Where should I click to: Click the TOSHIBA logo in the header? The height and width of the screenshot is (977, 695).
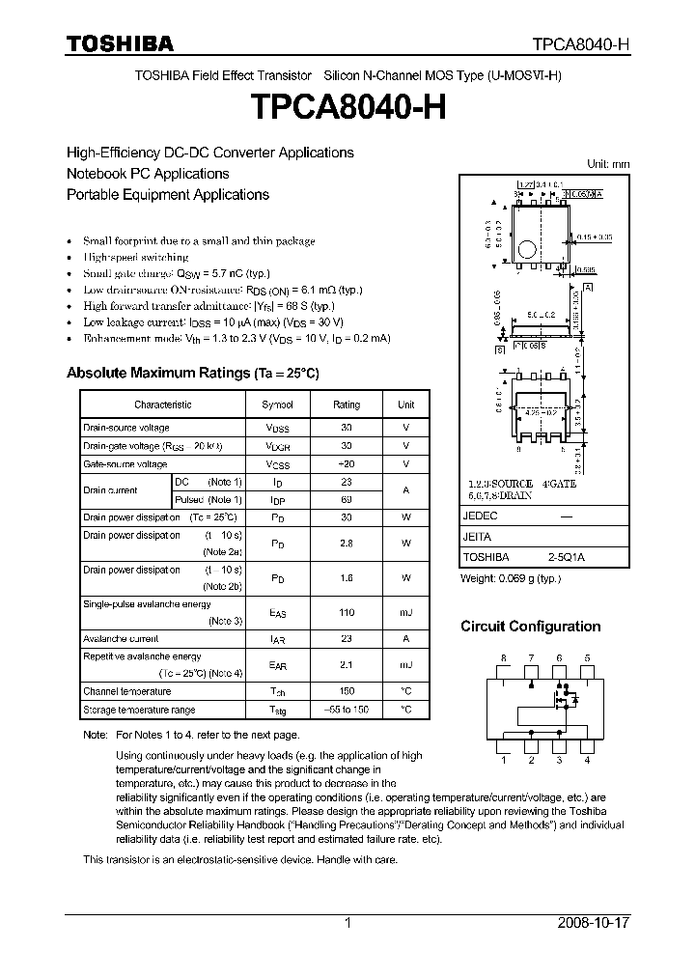pos(120,43)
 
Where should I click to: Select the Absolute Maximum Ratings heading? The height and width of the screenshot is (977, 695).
pos(192,373)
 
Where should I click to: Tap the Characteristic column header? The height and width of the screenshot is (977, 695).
pos(162,405)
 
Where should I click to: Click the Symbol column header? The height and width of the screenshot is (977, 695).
pos(277,405)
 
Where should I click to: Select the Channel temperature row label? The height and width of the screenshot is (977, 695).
pos(126,691)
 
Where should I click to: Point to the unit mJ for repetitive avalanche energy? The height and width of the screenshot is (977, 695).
pos(405,665)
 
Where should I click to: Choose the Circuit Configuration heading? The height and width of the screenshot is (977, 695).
pos(530,627)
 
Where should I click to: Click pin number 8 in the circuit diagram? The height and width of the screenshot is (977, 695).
pos(503,657)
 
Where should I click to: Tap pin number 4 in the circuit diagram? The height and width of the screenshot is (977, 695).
pos(587,760)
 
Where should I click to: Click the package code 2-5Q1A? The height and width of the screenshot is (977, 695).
pos(566,557)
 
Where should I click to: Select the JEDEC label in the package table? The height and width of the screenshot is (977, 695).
pos(481,516)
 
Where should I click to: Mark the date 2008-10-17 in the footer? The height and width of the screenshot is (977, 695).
pos(594,923)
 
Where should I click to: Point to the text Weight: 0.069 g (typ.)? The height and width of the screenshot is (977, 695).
pos(510,578)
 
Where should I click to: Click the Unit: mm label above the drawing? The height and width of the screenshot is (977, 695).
pos(607,164)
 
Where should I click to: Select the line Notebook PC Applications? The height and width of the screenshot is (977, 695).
pos(148,174)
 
